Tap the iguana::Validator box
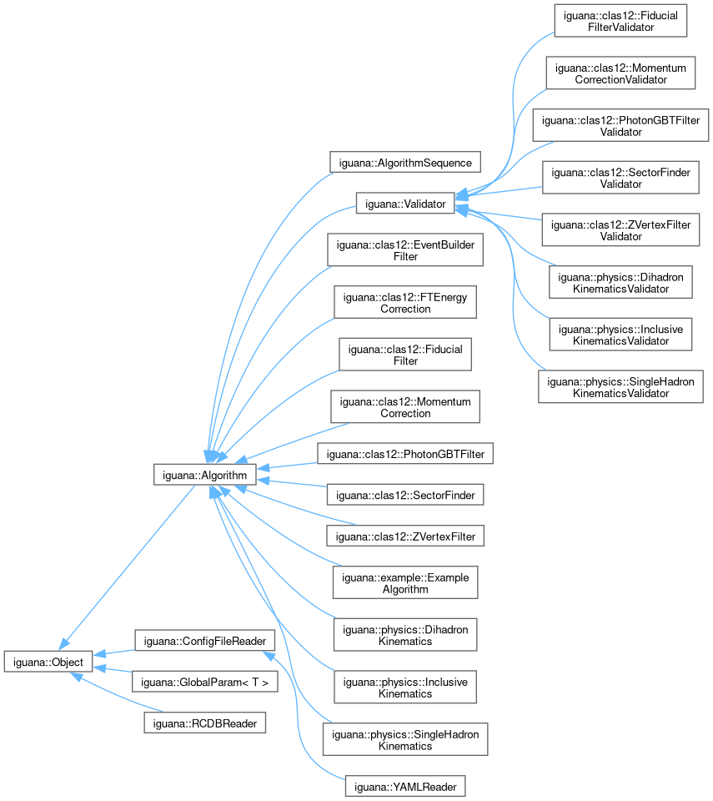(x=404, y=203)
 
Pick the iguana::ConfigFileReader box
(x=204, y=641)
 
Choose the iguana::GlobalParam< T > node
(x=204, y=682)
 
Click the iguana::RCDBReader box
(x=204, y=722)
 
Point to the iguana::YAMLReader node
(x=404, y=786)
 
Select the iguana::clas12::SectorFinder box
(x=405, y=495)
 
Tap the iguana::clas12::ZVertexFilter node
(x=405, y=536)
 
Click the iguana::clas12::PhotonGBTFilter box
(x=405, y=454)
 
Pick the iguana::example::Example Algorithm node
(x=405, y=582)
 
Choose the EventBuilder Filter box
(x=405, y=250)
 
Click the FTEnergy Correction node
(x=405, y=302)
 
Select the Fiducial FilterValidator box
(x=620, y=20)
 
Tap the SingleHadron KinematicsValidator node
(x=620, y=387)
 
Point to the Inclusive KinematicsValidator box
(x=620, y=335)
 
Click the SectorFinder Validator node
(x=620, y=177)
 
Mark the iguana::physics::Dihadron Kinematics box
(x=405, y=634)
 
